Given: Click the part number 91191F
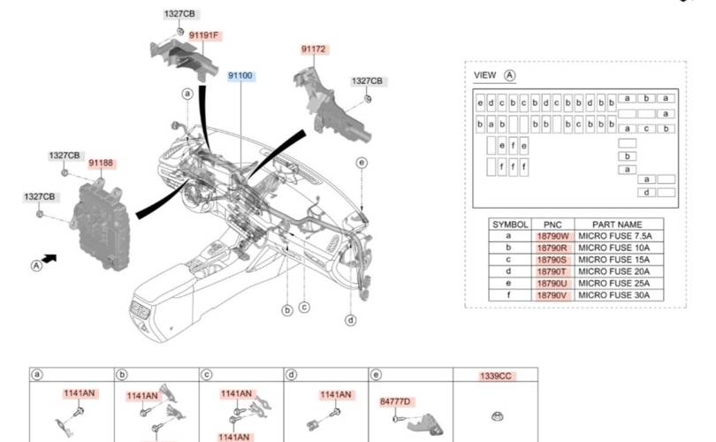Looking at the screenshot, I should [x=204, y=35].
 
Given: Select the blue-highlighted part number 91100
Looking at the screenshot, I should [x=240, y=77].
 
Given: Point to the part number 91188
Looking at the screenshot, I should [x=102, y=164].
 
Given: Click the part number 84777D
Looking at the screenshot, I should [x=396, y=402].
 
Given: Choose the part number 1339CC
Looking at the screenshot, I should [x=496, y=376].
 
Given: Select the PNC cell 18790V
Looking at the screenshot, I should [x=552, y=294].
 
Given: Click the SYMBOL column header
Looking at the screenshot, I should [x=510, y=225].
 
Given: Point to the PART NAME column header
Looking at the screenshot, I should [x=617, y=225].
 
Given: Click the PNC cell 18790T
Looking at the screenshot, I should [x=552, y=272].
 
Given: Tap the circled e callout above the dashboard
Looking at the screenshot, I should [x=362, y=162].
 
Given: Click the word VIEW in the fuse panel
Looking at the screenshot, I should [x=485, y=75].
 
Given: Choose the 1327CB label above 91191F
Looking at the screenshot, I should [x=179, y=14].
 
